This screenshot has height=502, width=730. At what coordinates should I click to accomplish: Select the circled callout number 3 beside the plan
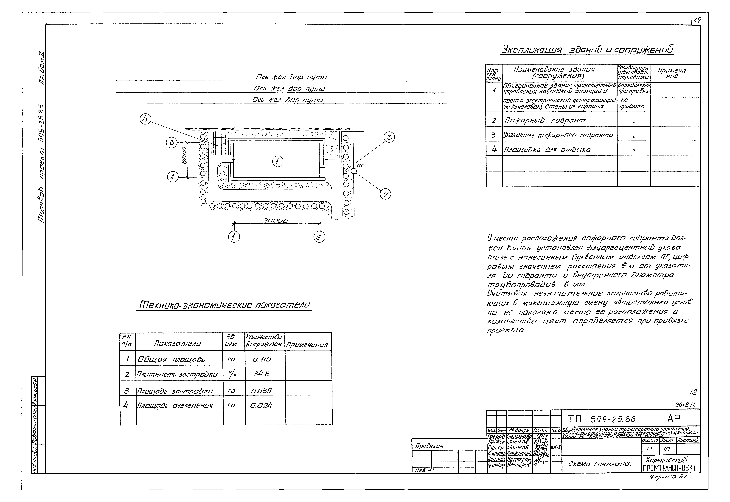pos(389,137)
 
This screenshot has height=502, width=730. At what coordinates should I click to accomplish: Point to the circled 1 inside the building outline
pos(277,162)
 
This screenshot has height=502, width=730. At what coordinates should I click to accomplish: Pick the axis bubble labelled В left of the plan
pos(172,142)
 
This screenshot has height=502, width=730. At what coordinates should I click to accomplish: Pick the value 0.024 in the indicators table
pos(261,405)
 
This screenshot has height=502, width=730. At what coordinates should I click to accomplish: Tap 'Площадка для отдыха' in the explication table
pos(547,150)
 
